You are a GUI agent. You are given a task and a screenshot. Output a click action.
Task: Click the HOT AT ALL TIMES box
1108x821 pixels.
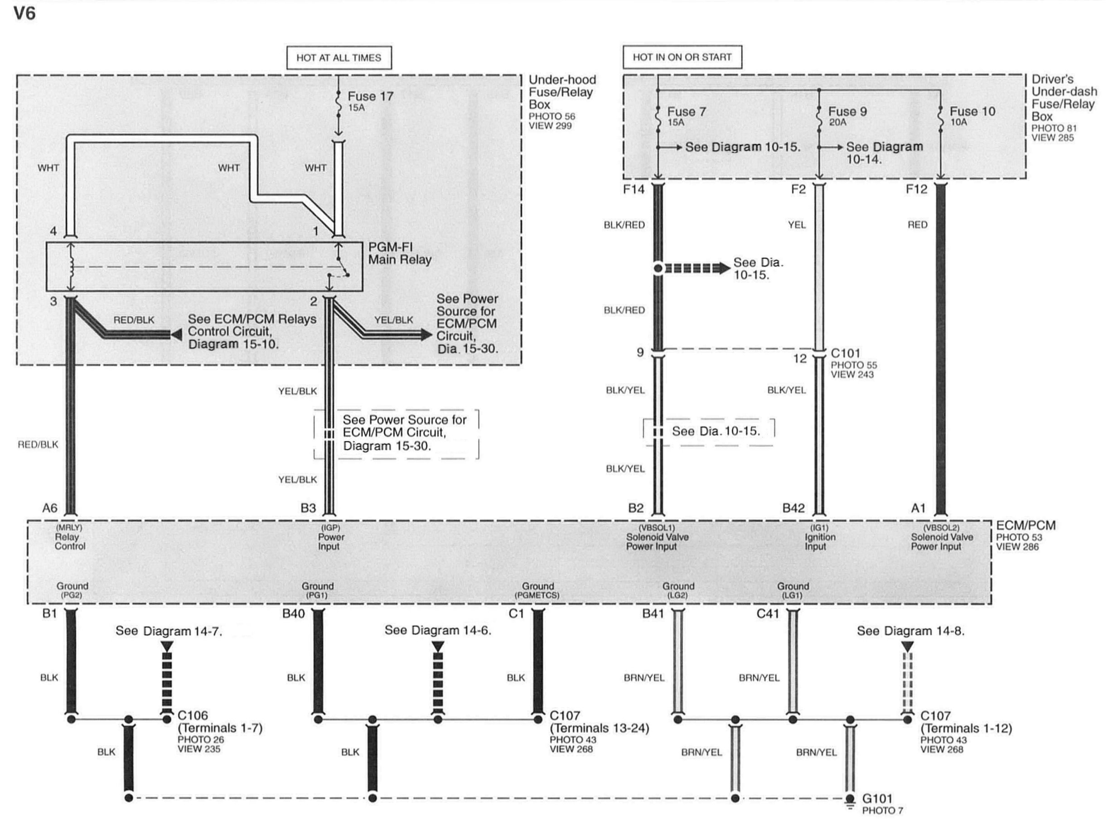click(x=339, y=58)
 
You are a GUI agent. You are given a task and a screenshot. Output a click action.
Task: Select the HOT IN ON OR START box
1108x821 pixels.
click(x=682, y=57)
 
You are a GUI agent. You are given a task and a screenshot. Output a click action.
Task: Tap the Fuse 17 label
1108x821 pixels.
click(x=370, y=97)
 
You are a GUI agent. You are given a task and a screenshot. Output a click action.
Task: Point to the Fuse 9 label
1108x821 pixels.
click(x=847, y=112)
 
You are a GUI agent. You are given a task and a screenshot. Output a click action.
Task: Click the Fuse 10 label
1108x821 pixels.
click(x=973, y=112)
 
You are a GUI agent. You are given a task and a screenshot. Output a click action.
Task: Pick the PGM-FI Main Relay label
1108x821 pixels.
click(x=399, y=253)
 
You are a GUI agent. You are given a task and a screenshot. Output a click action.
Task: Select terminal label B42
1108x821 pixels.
click(x=794, y=508)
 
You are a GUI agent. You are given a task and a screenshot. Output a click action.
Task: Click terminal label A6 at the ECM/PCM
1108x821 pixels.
click(x=50, y=508)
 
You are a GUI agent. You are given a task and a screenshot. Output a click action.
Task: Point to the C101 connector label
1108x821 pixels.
click(x=845, y=353)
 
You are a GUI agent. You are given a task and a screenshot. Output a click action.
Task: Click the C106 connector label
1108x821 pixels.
click(x=193, y=715)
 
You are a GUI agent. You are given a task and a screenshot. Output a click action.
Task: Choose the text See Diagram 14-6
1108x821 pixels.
click(x=437, y=631)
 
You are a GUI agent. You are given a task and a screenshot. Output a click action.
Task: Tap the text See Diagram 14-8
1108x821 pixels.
click(x=910, y=631)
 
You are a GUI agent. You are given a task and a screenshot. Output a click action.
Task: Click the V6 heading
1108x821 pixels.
click(x=24, y=14)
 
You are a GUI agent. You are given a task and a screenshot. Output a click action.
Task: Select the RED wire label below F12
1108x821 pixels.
click(x=917, y=225)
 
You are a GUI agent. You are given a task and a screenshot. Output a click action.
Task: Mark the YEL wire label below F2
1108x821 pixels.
click(x=796, y=225)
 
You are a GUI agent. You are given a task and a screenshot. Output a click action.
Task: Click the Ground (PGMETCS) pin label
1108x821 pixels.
click(x=537, y=590)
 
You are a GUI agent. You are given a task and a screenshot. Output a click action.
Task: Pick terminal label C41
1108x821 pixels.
click(x=768, y=614)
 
